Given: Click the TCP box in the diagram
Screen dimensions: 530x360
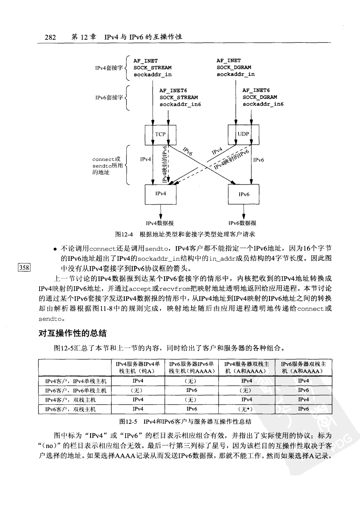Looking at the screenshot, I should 160,134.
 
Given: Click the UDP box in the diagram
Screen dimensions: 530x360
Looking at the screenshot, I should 243,134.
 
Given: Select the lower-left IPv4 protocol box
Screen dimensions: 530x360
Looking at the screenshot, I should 160,194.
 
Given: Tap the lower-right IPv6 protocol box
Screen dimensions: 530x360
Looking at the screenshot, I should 244,194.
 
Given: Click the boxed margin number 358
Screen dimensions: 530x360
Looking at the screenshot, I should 24,267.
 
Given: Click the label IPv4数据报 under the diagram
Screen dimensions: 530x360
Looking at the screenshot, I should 160,223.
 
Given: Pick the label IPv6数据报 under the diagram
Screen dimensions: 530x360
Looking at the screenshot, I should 242,223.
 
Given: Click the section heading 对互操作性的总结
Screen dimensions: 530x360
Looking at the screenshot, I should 73,333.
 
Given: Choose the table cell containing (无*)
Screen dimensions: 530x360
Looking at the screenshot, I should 246,409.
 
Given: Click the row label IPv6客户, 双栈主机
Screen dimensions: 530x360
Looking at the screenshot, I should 70,409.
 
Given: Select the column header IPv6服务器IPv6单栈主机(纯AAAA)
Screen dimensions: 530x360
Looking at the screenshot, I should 191,367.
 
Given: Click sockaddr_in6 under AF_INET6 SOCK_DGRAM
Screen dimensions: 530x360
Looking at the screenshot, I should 263,104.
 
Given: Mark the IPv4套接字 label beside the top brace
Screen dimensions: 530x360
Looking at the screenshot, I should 109,68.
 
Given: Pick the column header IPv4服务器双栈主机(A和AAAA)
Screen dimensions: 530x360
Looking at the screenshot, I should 246,367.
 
